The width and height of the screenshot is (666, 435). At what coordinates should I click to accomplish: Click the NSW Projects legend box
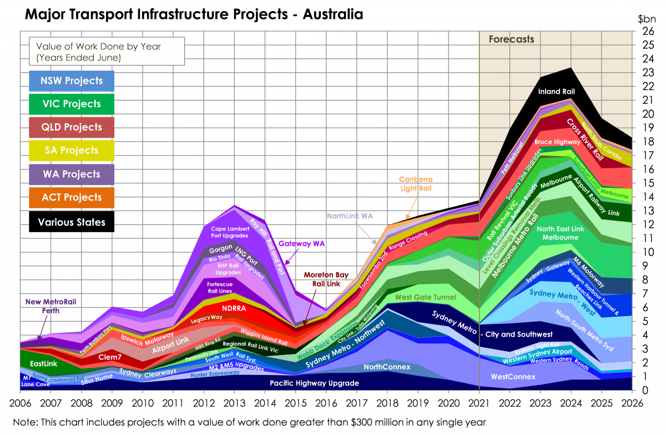pyautogui.click(x=71, y=81)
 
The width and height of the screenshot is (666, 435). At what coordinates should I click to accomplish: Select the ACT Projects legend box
pyautogui.click(x=71, y=197)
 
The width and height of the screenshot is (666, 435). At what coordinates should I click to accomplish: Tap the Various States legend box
pyautogui.click(x=71, y=222)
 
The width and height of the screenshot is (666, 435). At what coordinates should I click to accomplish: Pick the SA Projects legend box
pyautogui.click(x=71, y=151)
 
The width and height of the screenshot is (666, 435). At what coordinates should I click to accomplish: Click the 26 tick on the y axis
pyautogui.click(x=647, y=32)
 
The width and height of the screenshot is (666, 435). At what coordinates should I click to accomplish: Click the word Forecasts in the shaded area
pyautogui.click(x=511, y=39)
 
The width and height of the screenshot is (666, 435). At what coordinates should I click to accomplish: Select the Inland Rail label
pyautogui.click(x=557, y=91)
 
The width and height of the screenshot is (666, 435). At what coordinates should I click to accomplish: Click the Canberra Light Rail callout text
pyautogui.click(x=416, y=184)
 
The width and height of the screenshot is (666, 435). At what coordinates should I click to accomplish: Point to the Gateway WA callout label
pyautogui.click(x=301, y=243)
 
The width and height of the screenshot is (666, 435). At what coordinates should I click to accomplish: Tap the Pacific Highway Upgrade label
pyautogui.click(x=314, y=383)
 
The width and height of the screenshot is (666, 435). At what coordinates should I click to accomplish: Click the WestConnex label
pyautogui.click(x=513, y=377)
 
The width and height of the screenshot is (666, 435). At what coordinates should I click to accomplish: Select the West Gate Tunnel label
pyautogui.click(x=425, y=298)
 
